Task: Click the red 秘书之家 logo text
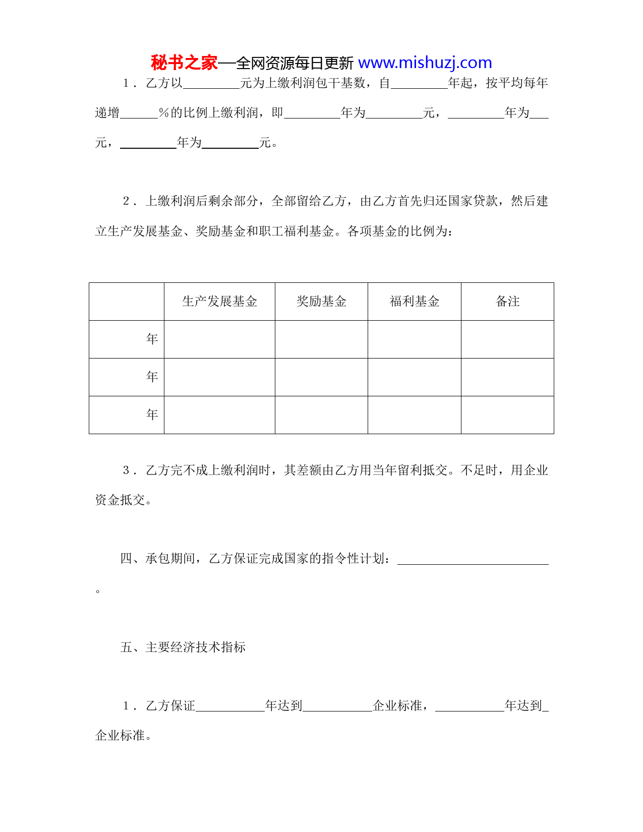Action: click(184, 63)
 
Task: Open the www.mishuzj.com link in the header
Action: click(425, 63)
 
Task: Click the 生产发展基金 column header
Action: click(219, 302)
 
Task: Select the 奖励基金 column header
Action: click(321, 302)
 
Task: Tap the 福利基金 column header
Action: click(415, 302)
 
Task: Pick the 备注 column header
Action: click(507, 302)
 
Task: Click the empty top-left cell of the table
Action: click(127, 302)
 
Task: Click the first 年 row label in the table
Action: click(152, 339)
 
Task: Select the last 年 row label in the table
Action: click(152, 415)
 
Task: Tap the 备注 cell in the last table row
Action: click(507, 415)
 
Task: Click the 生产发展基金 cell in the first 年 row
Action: click(219, 339)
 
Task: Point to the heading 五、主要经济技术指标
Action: click(183, 647)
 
